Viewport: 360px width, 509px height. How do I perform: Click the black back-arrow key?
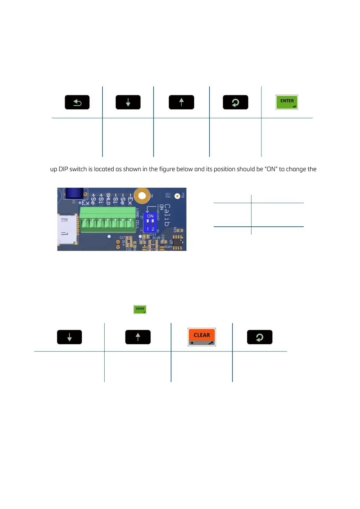tap(77, 102)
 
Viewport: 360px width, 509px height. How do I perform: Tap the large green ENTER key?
tap(287, 102)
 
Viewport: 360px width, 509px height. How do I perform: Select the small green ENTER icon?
tap(140, 310)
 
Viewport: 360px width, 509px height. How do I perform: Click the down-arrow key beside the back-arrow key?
tap(128, 102)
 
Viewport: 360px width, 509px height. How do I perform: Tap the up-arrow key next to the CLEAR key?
tap(138, 337)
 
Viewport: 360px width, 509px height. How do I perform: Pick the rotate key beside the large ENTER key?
tap(235, 102)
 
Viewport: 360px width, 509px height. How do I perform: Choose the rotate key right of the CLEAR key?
tap(260, 337)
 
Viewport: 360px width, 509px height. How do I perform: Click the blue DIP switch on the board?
tap(150, 222)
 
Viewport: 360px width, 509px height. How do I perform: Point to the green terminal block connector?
tap(107, 220)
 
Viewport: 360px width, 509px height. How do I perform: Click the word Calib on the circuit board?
tap(167, 215)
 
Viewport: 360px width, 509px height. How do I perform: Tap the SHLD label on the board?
tap(108, 199)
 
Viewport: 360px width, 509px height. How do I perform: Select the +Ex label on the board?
tap(84, 203)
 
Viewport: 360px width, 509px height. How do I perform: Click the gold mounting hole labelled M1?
tap(142, 195)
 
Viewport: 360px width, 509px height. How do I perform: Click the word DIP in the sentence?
tap(63, 169)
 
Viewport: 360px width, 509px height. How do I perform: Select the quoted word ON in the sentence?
tap(271, 169)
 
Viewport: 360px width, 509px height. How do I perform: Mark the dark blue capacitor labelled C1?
tap(74, 193)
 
